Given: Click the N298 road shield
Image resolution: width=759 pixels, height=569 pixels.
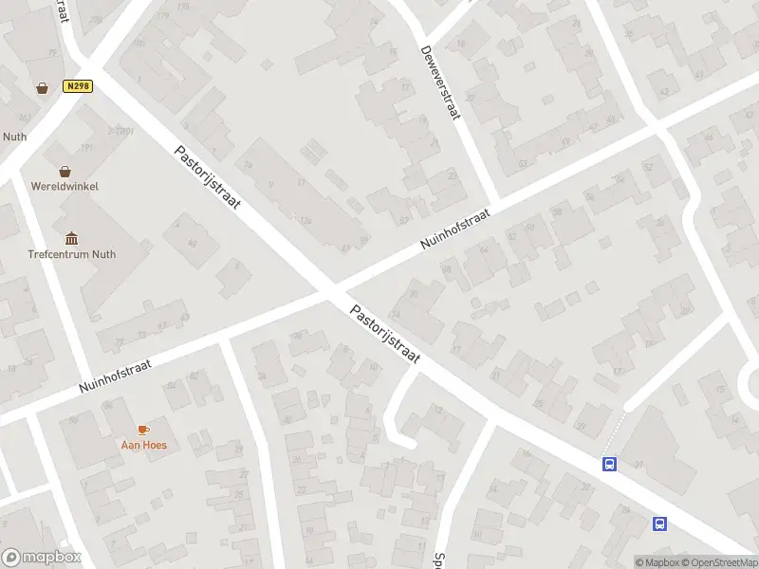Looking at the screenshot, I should tap(78, 86).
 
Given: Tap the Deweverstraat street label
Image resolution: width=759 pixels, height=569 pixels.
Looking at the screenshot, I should tap(441, 83).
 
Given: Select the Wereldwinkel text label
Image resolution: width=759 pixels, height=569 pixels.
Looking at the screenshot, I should tap(65, 187).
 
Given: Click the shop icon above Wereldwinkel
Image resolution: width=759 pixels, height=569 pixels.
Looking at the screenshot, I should tap(65, 172).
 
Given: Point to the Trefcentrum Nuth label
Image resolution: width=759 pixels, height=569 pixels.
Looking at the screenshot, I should tap(72, 254).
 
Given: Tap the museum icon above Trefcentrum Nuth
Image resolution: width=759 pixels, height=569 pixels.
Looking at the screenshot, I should tap(71, 238).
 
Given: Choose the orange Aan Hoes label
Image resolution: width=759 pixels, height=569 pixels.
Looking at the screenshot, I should tap(143, 445).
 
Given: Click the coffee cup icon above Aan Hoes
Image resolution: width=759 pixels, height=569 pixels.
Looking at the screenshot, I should tap(143, 430).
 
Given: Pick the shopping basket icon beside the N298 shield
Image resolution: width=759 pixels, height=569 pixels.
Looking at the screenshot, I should tap(43, 88).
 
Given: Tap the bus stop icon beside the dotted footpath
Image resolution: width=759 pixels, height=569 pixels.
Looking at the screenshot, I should tap(609, 464).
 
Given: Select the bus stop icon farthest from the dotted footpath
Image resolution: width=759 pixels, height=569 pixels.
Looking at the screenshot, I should tap(659, 523).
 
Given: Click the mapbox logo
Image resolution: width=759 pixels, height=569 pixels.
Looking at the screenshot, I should tap(41, 557).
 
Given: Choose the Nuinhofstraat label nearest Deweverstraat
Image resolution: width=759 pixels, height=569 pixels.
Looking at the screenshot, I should tap(455, 229).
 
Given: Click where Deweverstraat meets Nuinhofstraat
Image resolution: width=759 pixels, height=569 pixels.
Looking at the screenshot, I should tap(495, 200).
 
